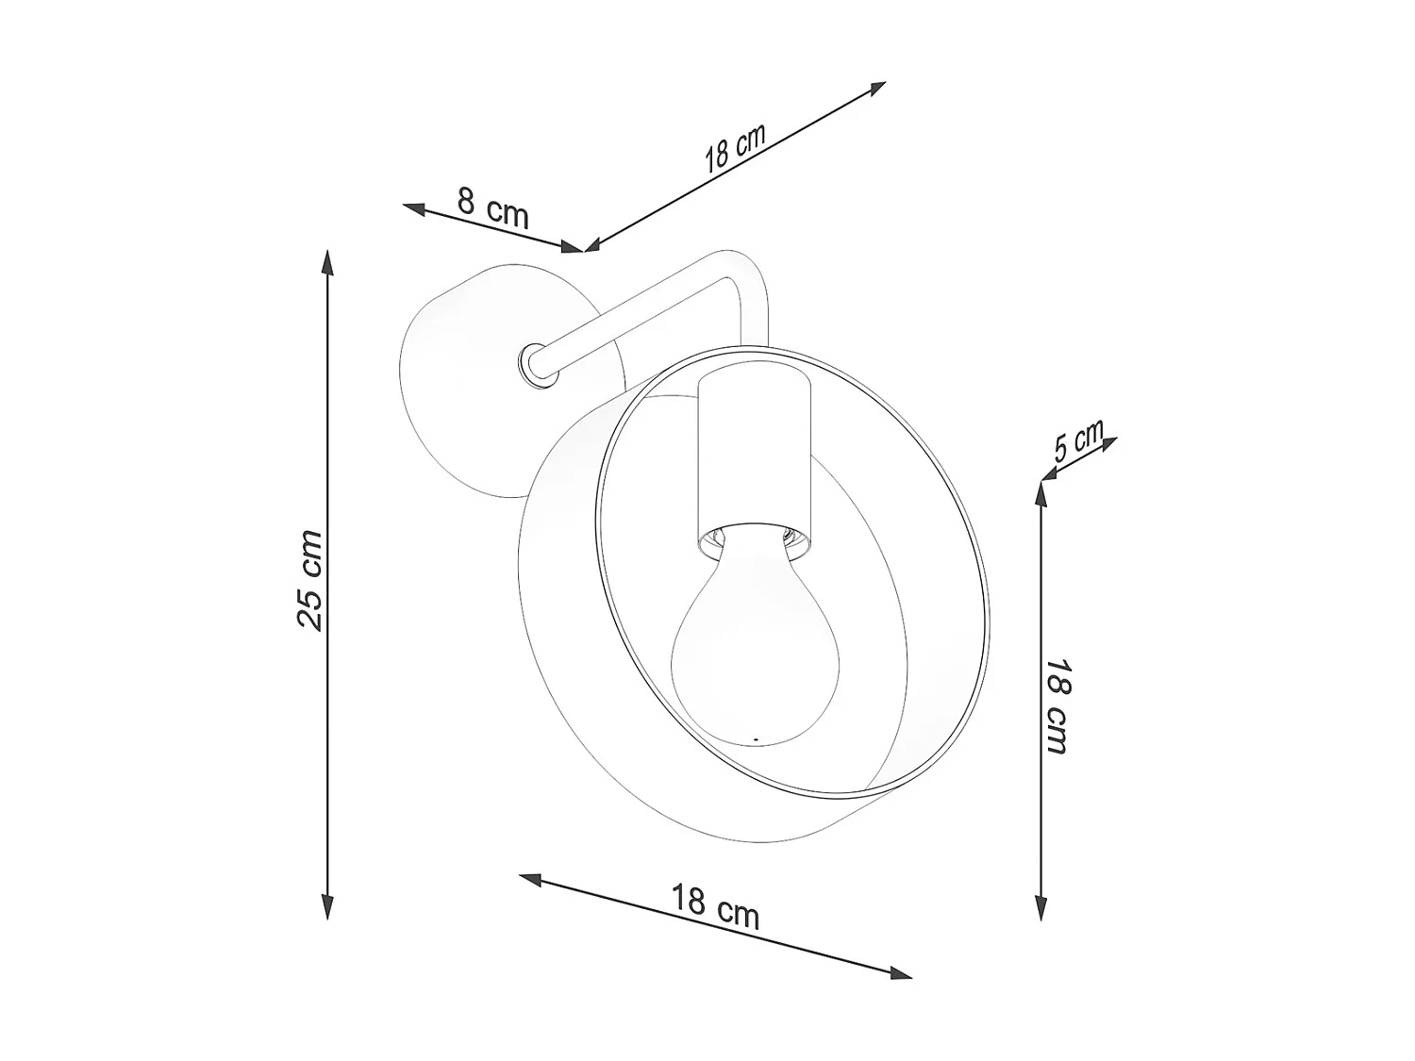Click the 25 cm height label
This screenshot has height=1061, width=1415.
(x=309, y=580)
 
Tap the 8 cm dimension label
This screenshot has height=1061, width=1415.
(x=493, y=208)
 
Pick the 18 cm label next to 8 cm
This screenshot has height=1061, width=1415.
(x=734, y=148)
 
